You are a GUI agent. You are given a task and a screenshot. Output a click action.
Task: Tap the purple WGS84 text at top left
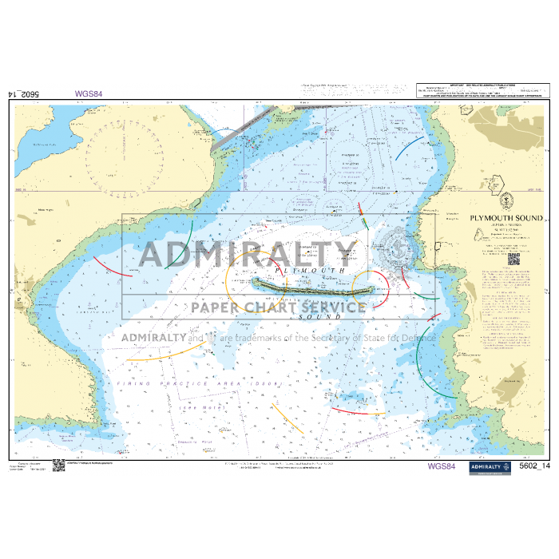pos(89,93)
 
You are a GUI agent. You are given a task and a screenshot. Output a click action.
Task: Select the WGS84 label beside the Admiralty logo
pos(442,466)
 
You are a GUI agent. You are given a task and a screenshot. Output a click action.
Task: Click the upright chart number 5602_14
pos(535,466)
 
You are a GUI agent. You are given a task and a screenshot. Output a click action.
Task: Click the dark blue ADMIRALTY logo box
pos(486,466)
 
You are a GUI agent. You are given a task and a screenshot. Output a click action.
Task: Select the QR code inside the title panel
pos(513,259)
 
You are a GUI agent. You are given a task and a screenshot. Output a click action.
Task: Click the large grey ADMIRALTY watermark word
pos(248,254)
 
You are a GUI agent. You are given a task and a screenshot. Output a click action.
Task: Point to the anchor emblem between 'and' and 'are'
pos(212,337)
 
